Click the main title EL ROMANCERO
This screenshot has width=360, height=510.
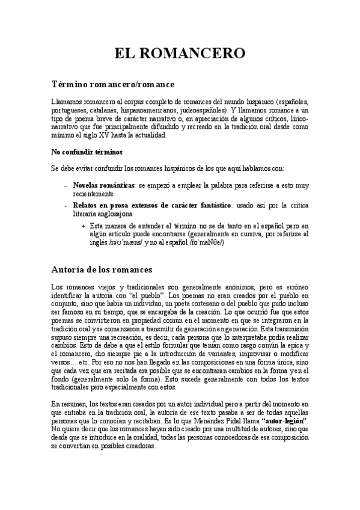(x=180, y=53)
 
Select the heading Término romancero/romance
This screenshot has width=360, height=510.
(x=113, y=84)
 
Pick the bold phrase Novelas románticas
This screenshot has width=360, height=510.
(x=103, y=186)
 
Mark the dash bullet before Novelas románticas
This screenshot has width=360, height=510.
(x=66, y=186)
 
